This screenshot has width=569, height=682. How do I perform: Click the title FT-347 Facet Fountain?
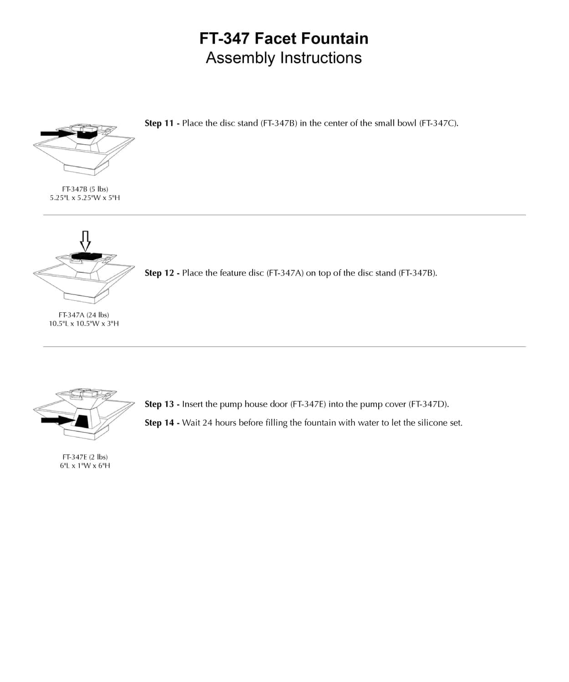pos(284,39)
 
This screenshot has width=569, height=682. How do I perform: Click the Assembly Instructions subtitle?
pos(284,58)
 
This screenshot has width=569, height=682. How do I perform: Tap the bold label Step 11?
pos(159,123)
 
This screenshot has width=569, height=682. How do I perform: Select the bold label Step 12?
pos(159,273)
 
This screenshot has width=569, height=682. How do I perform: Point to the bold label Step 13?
pos(159,404)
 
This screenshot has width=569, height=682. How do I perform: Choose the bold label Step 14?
pos(159,423)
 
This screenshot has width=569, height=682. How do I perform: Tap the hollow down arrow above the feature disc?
pos(85,240)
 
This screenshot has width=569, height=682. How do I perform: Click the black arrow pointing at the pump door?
pos(57,420)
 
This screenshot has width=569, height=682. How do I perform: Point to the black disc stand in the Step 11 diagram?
pos(86,134)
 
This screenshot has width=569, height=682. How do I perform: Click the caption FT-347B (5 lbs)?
pos(85,189)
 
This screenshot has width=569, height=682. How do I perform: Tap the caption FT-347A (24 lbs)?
pos(84,315)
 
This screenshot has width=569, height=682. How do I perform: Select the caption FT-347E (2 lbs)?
pos(85,457)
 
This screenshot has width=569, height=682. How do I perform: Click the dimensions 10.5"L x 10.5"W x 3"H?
pos(84,324)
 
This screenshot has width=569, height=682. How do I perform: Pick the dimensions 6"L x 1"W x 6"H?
pos(85,466)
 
